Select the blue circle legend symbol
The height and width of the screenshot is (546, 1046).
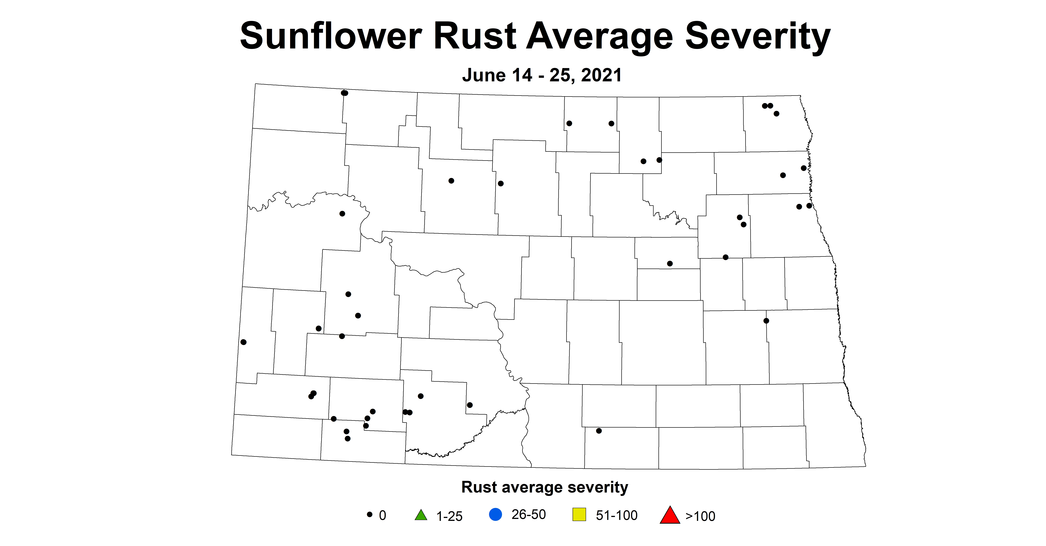(x=495, y=515)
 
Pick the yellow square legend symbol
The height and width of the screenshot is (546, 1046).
(x=579, y=515)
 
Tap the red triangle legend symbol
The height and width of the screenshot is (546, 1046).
(x=670, y=515)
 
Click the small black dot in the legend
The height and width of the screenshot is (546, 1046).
(x=370, y=514)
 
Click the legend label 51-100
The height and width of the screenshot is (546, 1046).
(x=616, y=516)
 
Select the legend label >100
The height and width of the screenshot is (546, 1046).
(x=700, y=516)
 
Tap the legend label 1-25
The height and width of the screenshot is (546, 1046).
(x=449, y=516)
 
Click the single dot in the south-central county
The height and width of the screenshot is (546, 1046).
(x=599, y=431)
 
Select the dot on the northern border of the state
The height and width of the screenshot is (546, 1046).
(x=344, y=93)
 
